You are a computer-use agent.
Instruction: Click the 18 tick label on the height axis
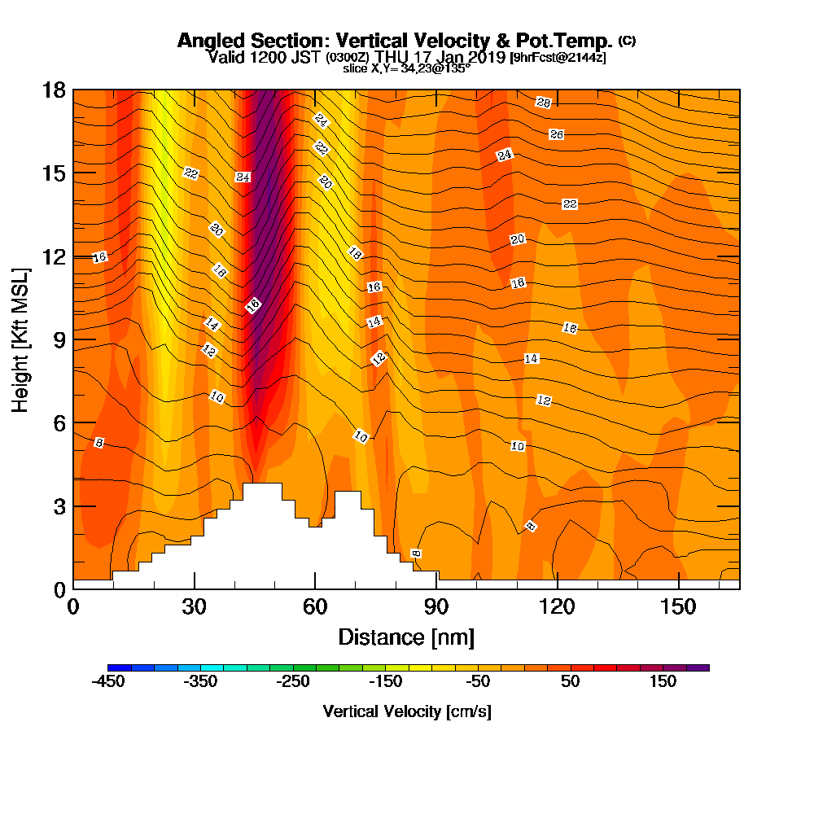54,90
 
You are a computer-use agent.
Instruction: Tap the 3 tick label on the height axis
58,505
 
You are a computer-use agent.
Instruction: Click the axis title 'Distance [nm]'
406,637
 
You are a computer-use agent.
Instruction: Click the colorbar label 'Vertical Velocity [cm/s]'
407,711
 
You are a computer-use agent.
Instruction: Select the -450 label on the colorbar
108,682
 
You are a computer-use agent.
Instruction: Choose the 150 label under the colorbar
663,682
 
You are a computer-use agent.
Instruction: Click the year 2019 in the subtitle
487,57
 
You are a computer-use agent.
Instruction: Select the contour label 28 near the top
544,102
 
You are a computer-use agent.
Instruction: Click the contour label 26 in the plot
557,134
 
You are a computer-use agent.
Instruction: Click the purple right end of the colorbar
703,667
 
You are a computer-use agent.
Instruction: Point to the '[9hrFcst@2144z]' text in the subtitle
558,58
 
